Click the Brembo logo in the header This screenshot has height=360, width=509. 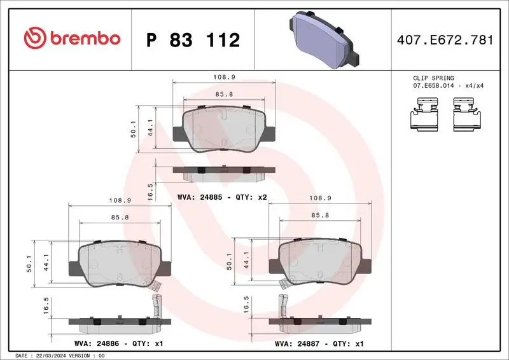tap(71, 39)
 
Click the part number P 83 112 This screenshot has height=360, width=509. tap(193, 40)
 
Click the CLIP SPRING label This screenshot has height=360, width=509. tap(433, 78)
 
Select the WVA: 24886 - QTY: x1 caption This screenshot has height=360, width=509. tap(118, 343)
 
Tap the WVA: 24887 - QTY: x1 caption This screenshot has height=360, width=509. tap(319, 343)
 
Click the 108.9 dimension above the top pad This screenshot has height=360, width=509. tap(224, 77)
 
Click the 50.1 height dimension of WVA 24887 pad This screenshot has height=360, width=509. tap(230, 261)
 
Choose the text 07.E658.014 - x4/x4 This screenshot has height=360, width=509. tap(448, 85)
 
